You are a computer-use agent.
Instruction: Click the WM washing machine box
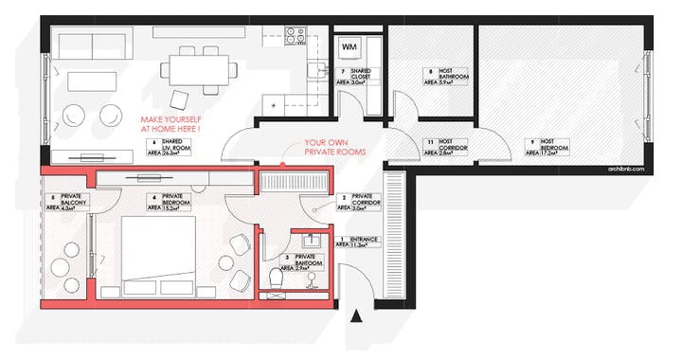349,46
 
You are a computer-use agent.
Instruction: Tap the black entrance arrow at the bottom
357,316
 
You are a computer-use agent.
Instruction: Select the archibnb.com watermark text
625,169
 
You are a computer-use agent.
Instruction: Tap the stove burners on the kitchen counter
296,38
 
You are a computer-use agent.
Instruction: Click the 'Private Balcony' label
66,203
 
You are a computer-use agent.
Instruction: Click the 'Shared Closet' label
357,77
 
